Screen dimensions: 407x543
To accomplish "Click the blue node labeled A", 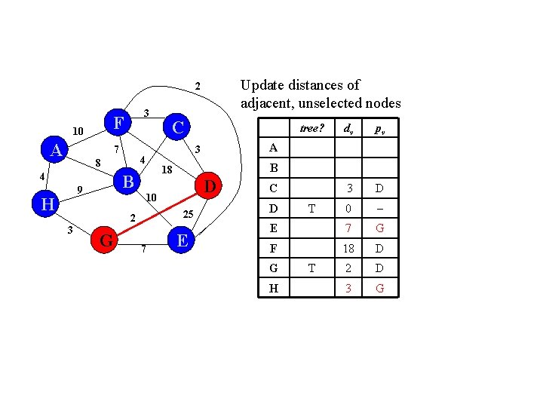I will click(x=55, y=150).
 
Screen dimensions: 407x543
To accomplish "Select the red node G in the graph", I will click(x=107, y=240).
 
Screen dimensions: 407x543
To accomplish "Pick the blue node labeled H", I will click(x=47, y=203).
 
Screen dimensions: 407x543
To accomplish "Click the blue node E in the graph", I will click(x=182, y=240).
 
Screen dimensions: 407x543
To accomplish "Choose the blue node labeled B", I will click(x=128, y=182).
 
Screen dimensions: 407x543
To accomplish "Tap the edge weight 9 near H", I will click(x=79, y=189).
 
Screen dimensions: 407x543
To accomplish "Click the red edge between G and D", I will click(x=158, y=213).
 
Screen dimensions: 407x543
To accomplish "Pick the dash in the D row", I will click(x=379, y=207).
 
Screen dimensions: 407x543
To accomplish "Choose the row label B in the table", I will click(x=274, y=167).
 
